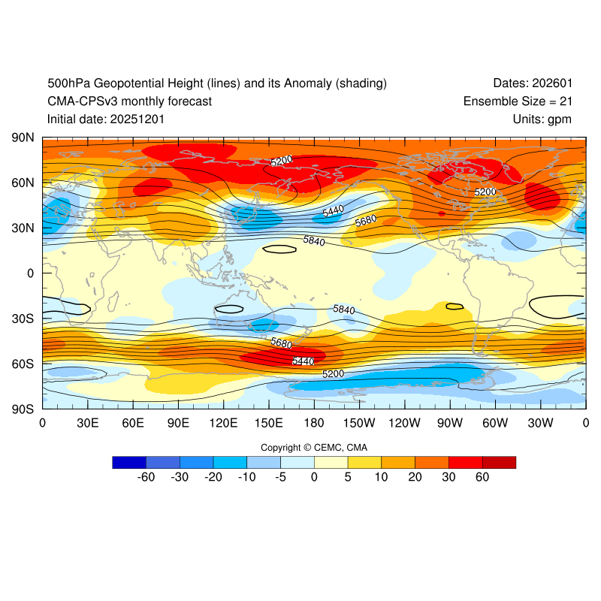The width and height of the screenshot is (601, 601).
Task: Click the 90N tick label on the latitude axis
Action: pos(22,137)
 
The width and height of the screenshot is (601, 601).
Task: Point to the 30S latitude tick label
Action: pos(22,319)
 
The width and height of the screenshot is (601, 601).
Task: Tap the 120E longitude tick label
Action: pos(224,423)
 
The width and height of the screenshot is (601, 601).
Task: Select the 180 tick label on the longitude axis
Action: pos(314,423)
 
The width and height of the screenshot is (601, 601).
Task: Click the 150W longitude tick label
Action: pos(359,423)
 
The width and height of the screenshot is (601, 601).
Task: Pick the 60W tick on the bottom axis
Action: pos(495,423)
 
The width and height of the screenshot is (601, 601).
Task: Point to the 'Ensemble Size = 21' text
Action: pos(518,101)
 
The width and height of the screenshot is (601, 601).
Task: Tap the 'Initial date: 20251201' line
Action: pos(106,119)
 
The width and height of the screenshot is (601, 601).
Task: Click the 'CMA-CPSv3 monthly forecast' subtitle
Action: pos(129,101)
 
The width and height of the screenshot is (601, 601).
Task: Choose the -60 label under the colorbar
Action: pos(146,476)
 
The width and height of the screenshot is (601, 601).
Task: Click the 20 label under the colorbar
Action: pos(415,476)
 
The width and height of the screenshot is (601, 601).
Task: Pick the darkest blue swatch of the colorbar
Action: pos(128,462)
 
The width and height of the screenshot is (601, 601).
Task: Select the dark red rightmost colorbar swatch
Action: pos(499,462)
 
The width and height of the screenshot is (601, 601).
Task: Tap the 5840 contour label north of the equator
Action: pos(315,240)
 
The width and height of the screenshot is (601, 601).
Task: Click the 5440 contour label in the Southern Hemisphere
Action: pos(302,361)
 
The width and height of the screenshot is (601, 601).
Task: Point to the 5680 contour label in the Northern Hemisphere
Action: pos(366,220)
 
